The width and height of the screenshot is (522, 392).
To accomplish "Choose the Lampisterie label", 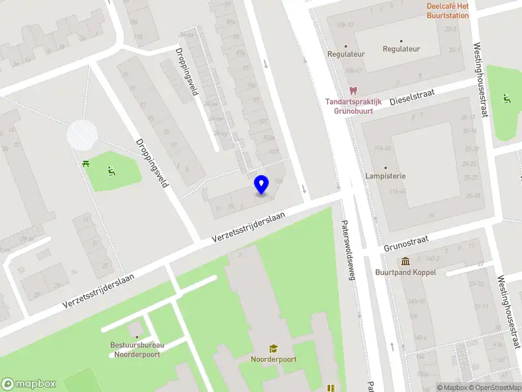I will click(386, 176).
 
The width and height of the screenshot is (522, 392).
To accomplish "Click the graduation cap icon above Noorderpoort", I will click(273, 348).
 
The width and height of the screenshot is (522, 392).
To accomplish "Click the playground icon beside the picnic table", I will click(111, 172).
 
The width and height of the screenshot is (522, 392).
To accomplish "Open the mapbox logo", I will click(29, 384).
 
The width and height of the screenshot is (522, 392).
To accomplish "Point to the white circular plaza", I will click(82, 134).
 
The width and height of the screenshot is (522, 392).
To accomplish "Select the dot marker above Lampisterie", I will click(386, 168).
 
